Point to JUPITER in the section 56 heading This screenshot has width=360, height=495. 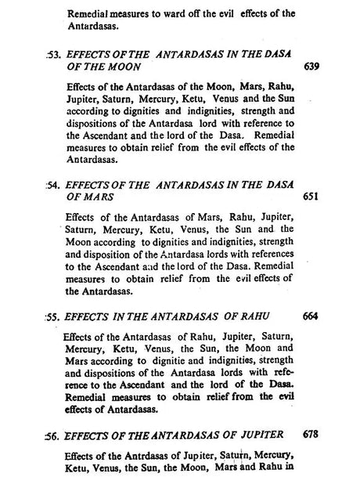261,434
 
